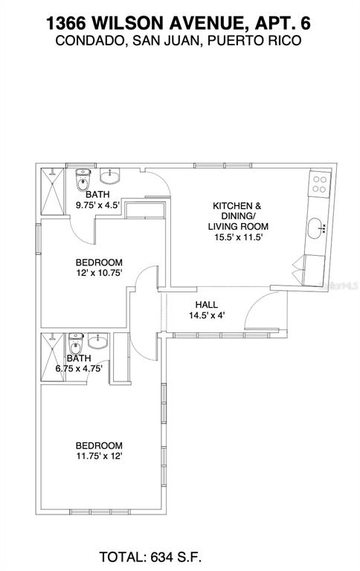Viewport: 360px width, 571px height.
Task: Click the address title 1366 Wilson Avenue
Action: point(179,22)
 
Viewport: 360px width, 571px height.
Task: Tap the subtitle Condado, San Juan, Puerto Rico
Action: point(179,41)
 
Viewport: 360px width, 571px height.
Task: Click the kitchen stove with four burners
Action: point(321,183)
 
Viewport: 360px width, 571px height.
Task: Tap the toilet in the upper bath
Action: point(81,181)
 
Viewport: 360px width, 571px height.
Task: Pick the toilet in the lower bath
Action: point(74,346)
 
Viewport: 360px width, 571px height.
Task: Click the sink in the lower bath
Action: point(97,343)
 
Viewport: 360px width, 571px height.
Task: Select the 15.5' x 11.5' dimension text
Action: point(238,238)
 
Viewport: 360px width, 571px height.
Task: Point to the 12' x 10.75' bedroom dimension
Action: point(99,273)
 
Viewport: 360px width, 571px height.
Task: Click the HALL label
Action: point(206,305)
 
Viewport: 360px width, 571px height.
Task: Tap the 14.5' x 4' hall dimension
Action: point(206,315)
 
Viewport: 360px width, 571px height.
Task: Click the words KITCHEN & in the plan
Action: point(237,206)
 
